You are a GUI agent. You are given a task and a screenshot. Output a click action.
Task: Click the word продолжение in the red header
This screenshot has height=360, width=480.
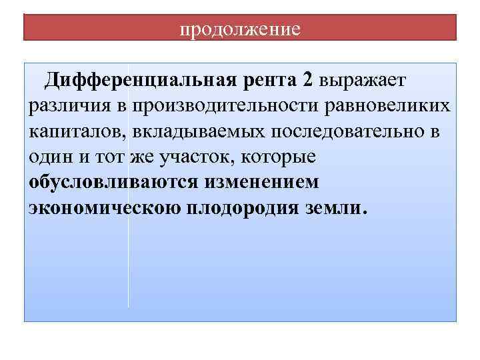point(241,30)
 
